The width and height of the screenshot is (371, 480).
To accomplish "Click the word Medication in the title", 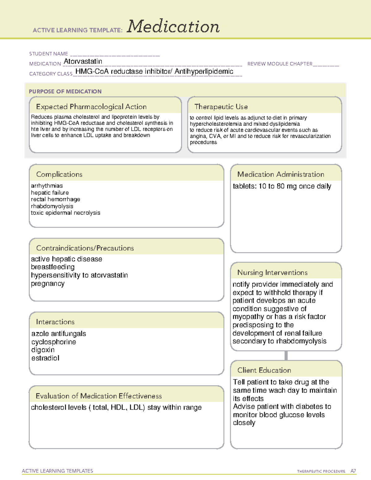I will [173, 27].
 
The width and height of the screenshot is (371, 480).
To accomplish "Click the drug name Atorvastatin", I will [83, 62].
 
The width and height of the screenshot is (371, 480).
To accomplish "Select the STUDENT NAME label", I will [49, 54].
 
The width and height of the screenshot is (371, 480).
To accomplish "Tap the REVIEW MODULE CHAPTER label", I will [280, 64].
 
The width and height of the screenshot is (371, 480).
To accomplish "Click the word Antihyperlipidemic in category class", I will [204, 71].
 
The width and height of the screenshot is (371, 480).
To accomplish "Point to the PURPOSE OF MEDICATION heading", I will [65, 91].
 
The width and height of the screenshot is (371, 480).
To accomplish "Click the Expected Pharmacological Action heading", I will [91, 107].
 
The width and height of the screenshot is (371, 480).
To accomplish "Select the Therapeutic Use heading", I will [221, 107].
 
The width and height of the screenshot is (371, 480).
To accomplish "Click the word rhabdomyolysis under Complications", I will [52, 206].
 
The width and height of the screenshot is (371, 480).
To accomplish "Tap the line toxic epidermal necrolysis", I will [66, 213].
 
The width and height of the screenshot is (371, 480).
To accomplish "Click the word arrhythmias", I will [47, 186].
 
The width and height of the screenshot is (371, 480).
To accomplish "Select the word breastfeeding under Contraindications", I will [53, 267].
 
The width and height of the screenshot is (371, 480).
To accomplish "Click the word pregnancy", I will [48, 283].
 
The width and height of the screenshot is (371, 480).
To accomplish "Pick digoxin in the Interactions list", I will [43, 350].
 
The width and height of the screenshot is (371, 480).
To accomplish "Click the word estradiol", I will [45, 358].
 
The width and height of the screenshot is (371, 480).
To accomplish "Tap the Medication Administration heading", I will [280, 174].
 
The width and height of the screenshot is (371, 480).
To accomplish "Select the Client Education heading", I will [264, 370].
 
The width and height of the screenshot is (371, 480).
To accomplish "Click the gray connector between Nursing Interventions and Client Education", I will [286, 355].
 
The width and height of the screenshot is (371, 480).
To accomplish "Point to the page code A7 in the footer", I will [353, 471].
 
